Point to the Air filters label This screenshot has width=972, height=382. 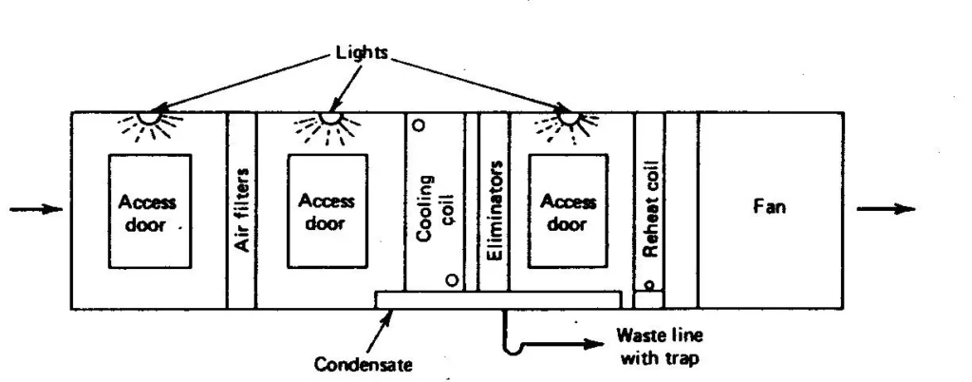point(241,210)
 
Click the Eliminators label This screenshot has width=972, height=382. point(494,205)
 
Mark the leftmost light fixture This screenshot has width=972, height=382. point(147,118)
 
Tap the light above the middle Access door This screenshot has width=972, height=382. point(328,118)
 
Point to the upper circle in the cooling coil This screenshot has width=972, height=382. point(419,124)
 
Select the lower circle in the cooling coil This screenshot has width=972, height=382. point(453,280)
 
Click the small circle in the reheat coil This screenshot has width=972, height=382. point(648,284)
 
